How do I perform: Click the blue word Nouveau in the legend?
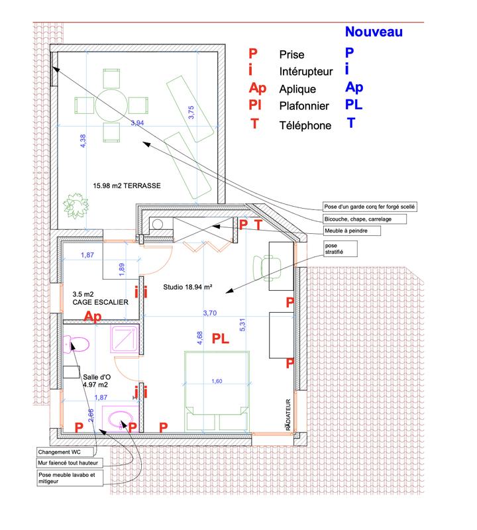(374, 30)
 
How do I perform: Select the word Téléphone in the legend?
(305, 125)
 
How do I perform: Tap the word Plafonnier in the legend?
(304, 106)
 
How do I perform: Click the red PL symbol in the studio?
(221, 339)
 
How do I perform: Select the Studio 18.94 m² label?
(187, 287)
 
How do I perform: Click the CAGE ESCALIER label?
(101, 301)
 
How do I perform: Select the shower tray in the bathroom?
(124, 340)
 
